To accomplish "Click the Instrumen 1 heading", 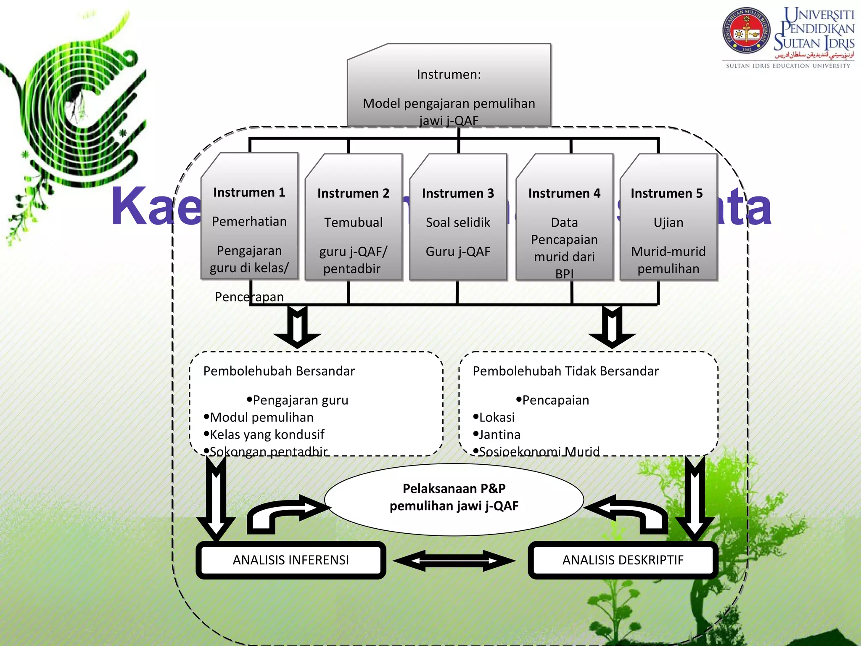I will [249, 192].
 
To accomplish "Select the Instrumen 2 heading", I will [353, 193].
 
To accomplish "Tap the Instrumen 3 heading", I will [458, 193].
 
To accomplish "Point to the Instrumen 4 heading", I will [564, 193].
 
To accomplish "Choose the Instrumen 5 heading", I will [666, 193].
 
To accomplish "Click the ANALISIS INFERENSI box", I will [291, 560].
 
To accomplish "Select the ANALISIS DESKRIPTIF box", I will [623, 560].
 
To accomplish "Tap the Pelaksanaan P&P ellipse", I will [454, 499].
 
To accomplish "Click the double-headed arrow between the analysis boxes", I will [454, 560].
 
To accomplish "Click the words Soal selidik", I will [458, 222].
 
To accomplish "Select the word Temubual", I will [353, 222].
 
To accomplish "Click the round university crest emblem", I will [746, 31].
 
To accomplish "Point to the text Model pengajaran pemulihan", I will [449, 103].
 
